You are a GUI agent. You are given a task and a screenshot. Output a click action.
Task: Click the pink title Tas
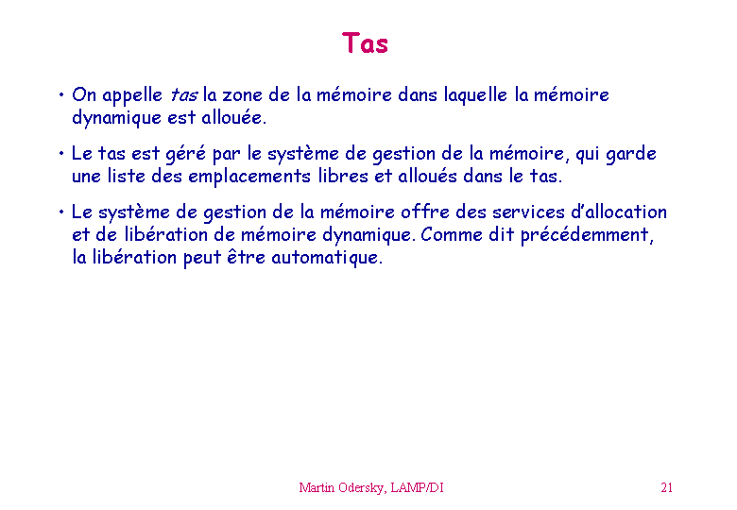pos(365,43)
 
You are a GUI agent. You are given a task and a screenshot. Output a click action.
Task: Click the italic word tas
pos(184,95)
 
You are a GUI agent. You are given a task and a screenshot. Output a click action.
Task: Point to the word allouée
pos(233,117)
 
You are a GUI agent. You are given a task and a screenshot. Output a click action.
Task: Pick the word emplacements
pos(249,177)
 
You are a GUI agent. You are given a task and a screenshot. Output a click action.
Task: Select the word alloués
pos(427,176)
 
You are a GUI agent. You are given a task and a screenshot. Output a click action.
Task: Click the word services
pos(528,212)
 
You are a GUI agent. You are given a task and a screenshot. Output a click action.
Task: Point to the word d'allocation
pos(619,212)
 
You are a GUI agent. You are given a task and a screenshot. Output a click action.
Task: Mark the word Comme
pos(452,235)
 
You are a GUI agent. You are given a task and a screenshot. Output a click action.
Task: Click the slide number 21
pos(666,487)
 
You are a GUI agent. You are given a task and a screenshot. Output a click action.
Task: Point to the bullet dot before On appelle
pos(61,94)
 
